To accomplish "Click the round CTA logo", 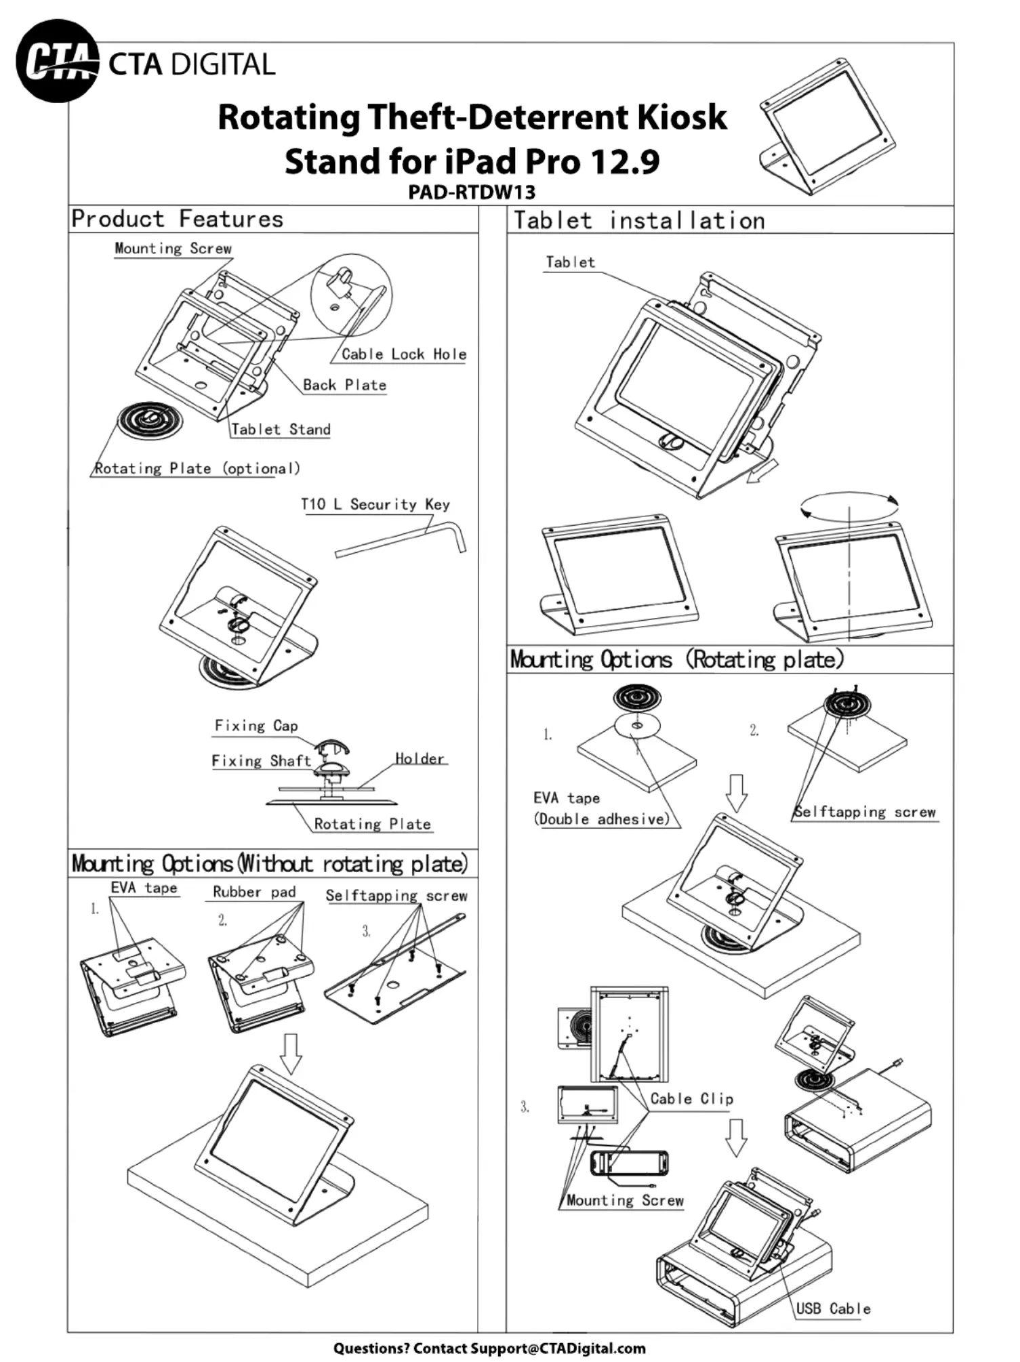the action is tap(57, 61).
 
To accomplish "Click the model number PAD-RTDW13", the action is tap(472, 192).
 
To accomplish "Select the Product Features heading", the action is tap(178, 219).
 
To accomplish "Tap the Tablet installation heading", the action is tap(639, 221).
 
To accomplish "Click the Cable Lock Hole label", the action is tap(404, 354).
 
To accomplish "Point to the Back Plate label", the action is tap(344, 385).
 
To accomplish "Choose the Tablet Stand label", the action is tap(281, 429).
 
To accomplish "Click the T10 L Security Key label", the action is tap(375, 504).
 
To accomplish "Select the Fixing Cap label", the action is tap(256, 726).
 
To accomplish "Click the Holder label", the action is tap(420, 758).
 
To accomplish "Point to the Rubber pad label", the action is tap(254, 892).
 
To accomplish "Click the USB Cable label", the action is tap(833, 1308).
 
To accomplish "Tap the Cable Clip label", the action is tap(692, 1098).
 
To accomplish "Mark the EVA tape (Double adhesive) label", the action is tap(602, 808).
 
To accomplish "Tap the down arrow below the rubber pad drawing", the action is tap(291, 1054).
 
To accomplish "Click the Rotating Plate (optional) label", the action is tap(197, 468).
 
